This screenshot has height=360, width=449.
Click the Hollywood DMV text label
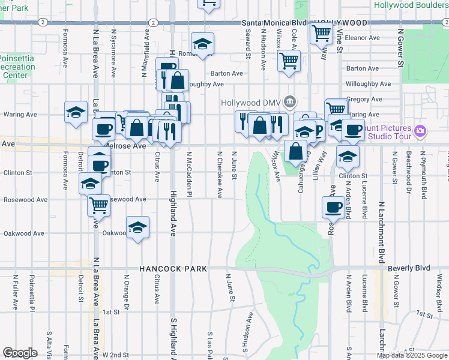252,102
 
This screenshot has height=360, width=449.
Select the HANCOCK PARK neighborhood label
173,269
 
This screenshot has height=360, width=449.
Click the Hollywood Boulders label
411,5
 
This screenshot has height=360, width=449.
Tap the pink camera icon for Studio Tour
420,131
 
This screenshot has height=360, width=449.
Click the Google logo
20,353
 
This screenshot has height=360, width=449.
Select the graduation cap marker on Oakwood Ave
137,228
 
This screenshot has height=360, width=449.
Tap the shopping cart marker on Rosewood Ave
99,206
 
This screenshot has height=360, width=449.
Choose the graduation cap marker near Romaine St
203,43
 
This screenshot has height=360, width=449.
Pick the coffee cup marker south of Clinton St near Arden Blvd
333,208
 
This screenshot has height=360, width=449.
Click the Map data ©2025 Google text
411,355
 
